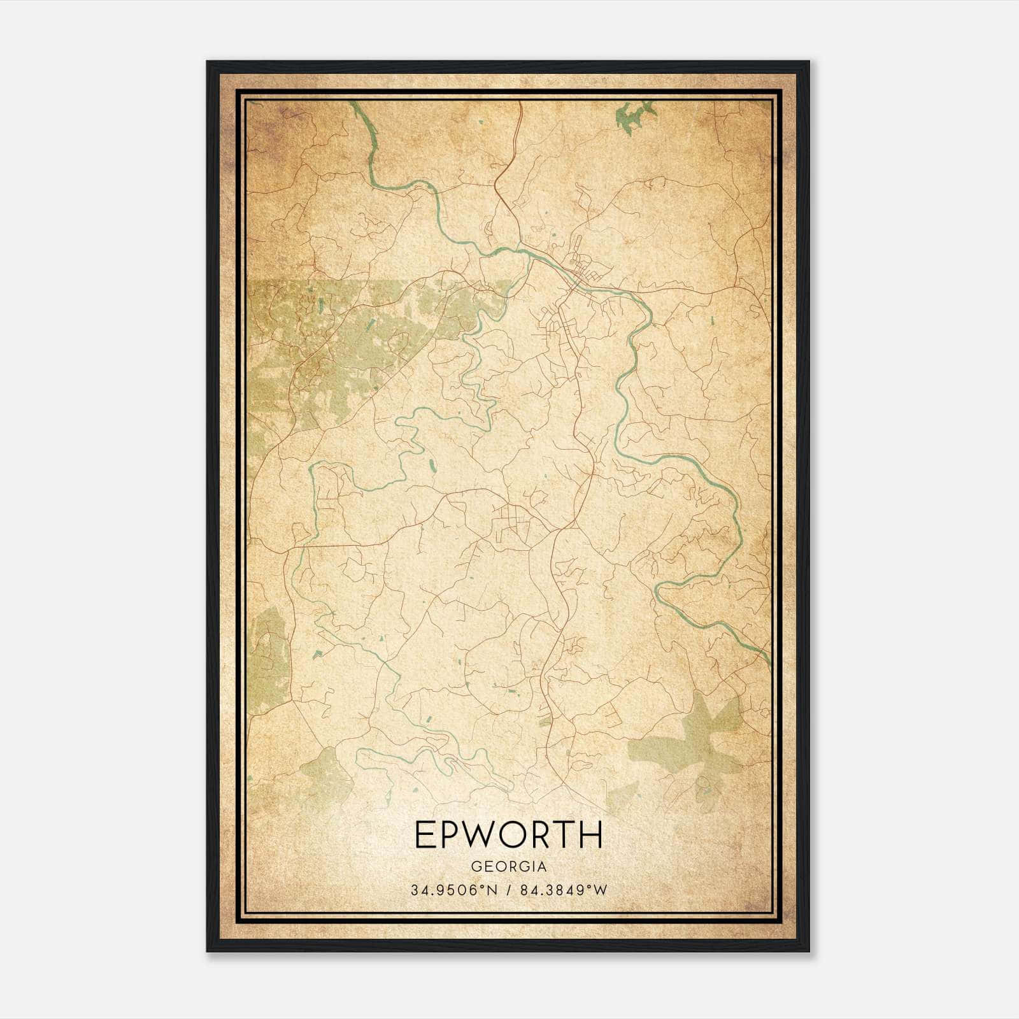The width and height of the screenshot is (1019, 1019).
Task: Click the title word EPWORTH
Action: pos(508,835)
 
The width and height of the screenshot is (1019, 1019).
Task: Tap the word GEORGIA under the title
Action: pos(508,867)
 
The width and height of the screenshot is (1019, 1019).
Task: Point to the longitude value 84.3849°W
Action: pos(564,890)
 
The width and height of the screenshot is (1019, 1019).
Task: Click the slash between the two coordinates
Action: pos(509,890)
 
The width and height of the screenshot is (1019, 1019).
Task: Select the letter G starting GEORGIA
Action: pos(476,867)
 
